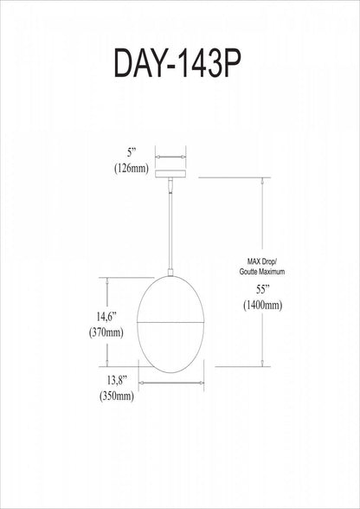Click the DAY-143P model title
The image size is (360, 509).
tap(177, 64)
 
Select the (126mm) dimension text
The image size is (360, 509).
tap(132, 168)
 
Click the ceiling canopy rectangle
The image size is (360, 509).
tap(170, 174)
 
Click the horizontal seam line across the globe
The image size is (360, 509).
tap(170, 322)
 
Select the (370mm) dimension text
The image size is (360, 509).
tap(106, 332)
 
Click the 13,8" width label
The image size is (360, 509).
tap(116, 380)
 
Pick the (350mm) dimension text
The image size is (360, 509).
tap(116, 396)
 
